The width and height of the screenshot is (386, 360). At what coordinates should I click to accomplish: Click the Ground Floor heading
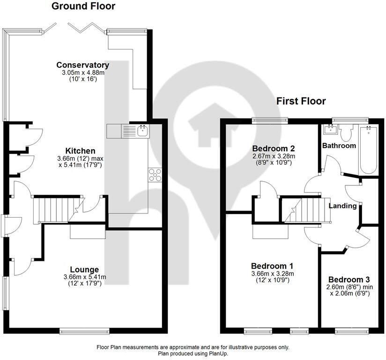click(x=83, y=6)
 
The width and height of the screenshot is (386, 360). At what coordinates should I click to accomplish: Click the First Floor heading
click(x=301, y=101)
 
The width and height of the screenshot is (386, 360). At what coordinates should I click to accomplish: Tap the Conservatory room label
click(x=83, y=65)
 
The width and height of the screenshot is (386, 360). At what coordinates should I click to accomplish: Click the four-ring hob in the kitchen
click(x=155, y=175)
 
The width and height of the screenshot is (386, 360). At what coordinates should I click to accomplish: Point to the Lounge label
click(x=84, y=270)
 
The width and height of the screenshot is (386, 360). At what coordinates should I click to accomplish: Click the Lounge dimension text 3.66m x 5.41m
click(x=85, y=277)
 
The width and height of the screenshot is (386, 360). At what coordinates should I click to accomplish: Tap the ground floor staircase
click(x=59, y=210)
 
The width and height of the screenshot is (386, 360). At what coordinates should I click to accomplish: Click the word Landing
click(x=343, y=206)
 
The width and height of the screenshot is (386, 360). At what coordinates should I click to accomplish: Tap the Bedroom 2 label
click(x=274, y=148)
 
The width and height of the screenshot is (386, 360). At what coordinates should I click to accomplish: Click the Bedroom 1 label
click(x=272, y=266)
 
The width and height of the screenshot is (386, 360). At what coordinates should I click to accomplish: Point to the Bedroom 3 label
click(x=349, y=279)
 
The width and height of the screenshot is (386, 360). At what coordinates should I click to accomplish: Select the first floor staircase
click(x=306, y=210)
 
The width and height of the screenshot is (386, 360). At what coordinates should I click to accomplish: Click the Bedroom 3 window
click(x=352, y=331)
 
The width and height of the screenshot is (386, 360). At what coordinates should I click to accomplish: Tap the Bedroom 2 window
click(x=270, y=120)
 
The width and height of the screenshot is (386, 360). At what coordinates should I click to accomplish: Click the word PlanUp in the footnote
click(x=219, y=354)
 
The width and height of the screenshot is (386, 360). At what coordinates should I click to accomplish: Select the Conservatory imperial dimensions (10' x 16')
click(x=83, y=79)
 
